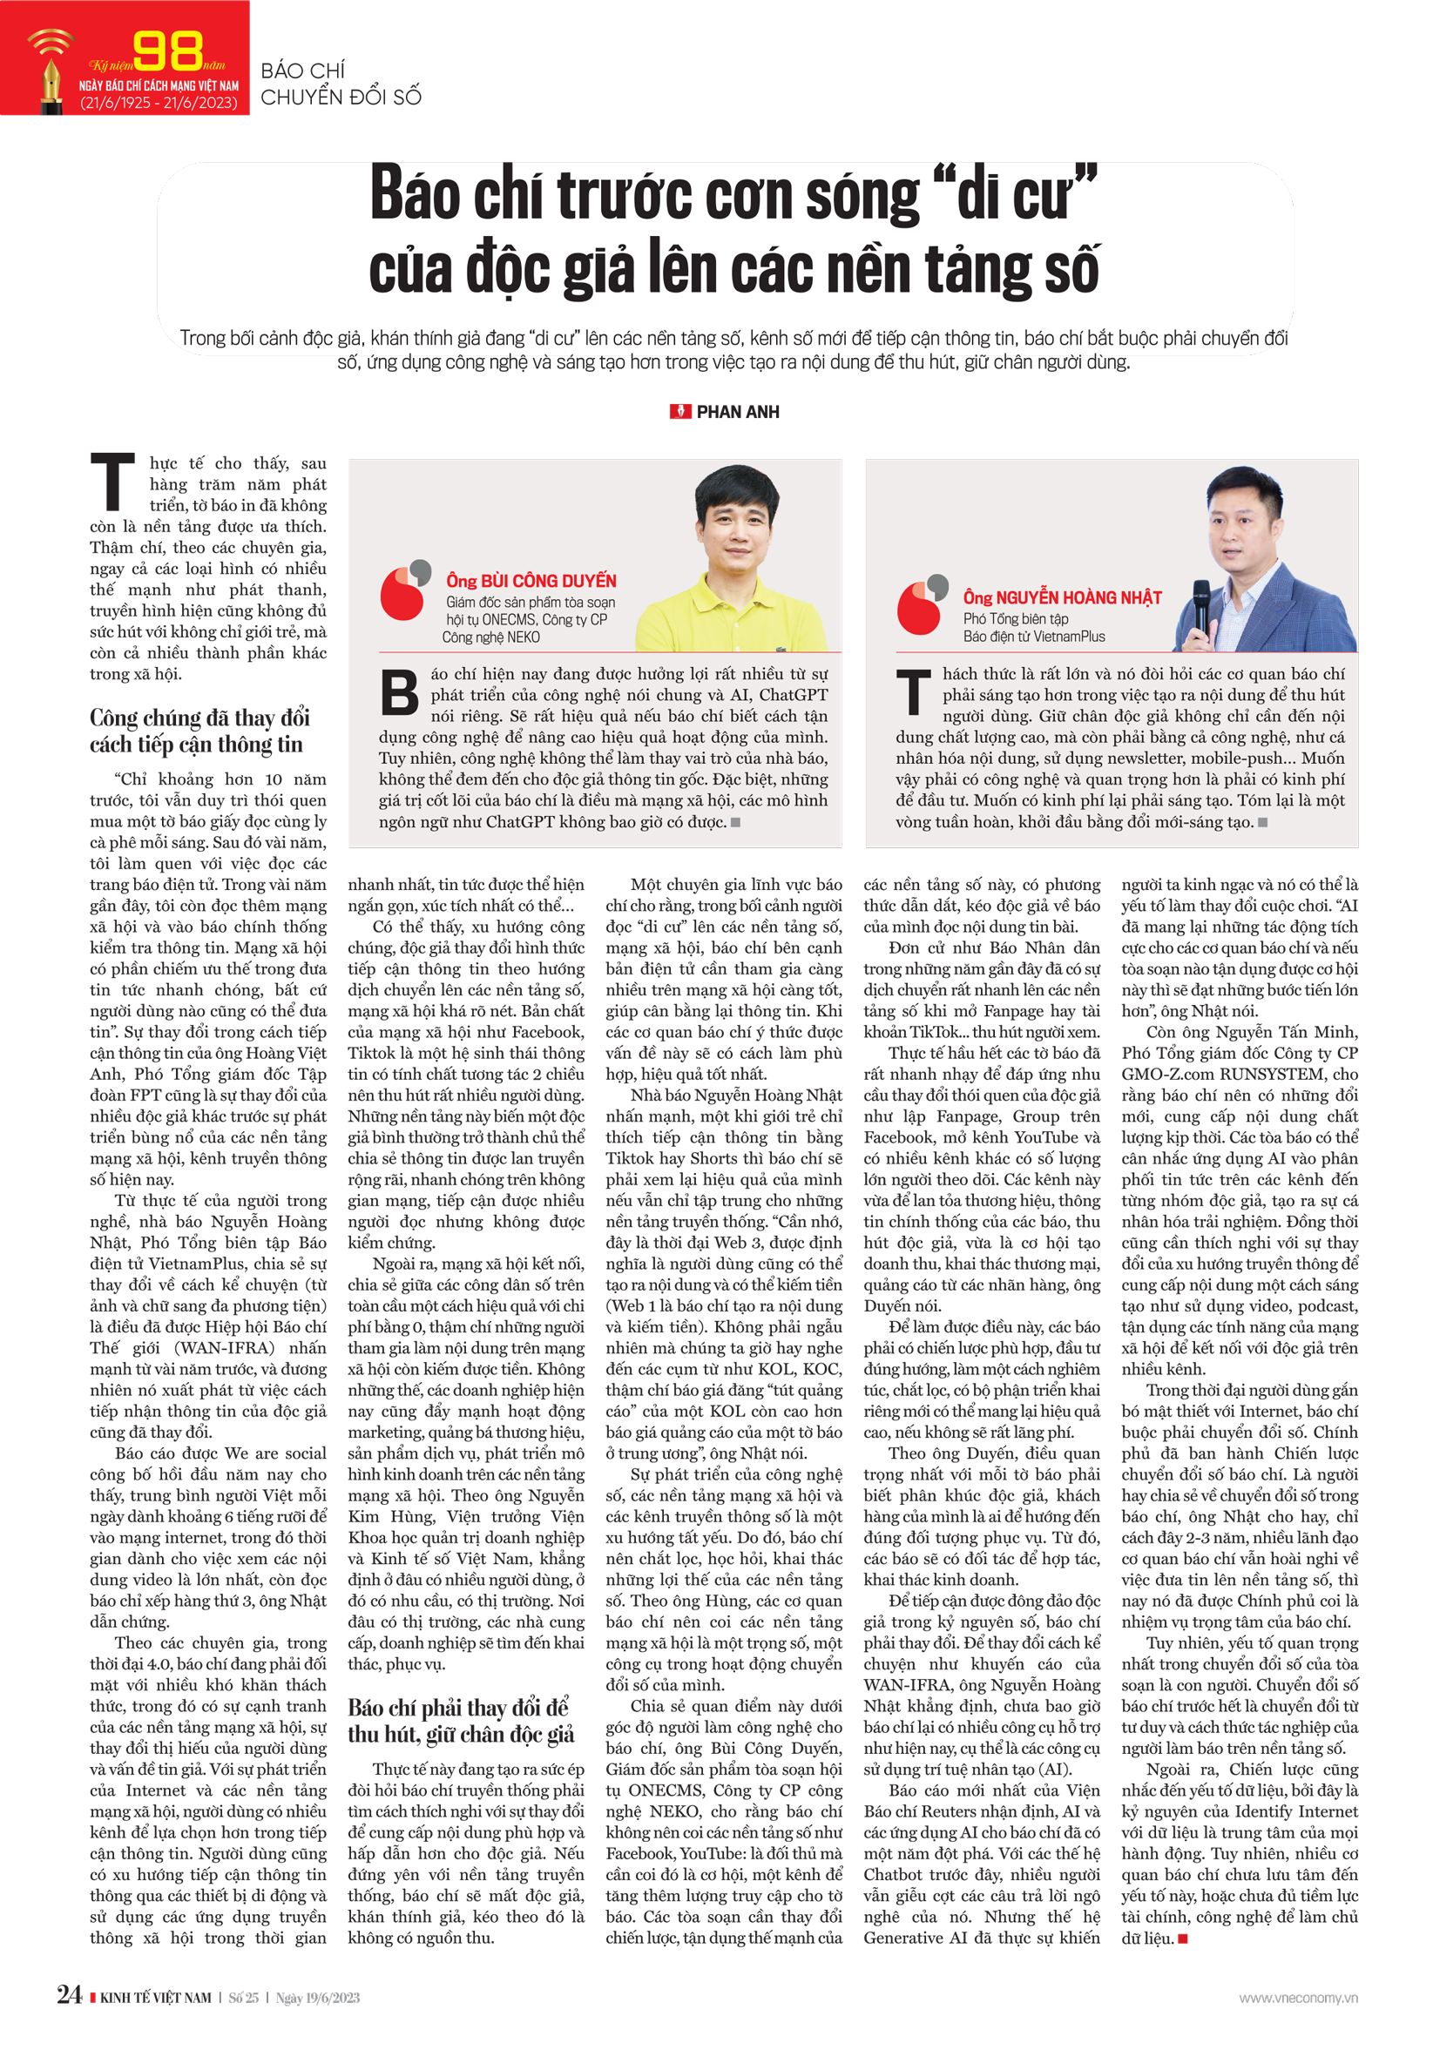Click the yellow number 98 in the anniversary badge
coord(168,51)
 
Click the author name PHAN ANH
coord(738,412)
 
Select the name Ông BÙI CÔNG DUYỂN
coord(531,581)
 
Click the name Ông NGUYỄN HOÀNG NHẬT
coord(1062,598)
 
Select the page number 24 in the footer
coord(69,1995)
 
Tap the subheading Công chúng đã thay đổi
coord(199,718)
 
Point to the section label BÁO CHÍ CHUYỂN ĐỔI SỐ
coord(341,84)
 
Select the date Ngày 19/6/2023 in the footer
coord(318,1998)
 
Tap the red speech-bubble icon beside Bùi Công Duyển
coord(403,591)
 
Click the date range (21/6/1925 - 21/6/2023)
coord(159,103)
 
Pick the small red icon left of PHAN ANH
coord(679,412)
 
